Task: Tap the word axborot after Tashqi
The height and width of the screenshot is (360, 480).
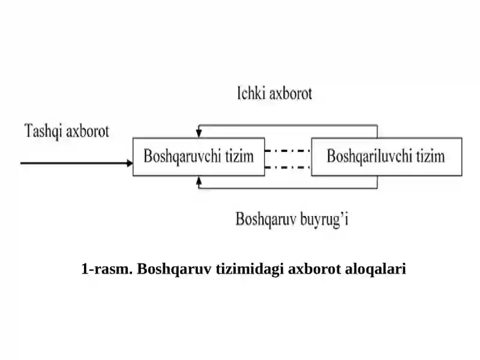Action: tap(88, 131)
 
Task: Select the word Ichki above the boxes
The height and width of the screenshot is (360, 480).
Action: tap(251, 93)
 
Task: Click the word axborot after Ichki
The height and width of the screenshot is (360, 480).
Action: tap(291, 94)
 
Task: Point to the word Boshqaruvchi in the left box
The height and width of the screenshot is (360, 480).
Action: tap(182, 156)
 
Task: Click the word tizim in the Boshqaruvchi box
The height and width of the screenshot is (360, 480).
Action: tap(239, 156)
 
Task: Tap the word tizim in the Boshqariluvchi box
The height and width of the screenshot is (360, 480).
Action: tap(430, 156)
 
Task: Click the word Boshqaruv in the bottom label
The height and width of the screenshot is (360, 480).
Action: tap(266, 220)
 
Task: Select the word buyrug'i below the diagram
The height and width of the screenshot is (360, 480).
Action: tap(324, 220)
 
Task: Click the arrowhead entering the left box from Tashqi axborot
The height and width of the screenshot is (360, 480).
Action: tap(130, 163)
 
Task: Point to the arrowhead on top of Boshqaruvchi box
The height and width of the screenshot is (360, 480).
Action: tap(199, 133)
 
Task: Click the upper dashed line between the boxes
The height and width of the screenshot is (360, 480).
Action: tap(288, 151)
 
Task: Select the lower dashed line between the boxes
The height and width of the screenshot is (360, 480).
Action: tap(288, 167)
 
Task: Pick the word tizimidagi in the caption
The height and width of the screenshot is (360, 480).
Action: tap(250, 269)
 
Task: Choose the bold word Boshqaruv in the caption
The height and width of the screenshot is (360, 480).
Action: tap(174, 269)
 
